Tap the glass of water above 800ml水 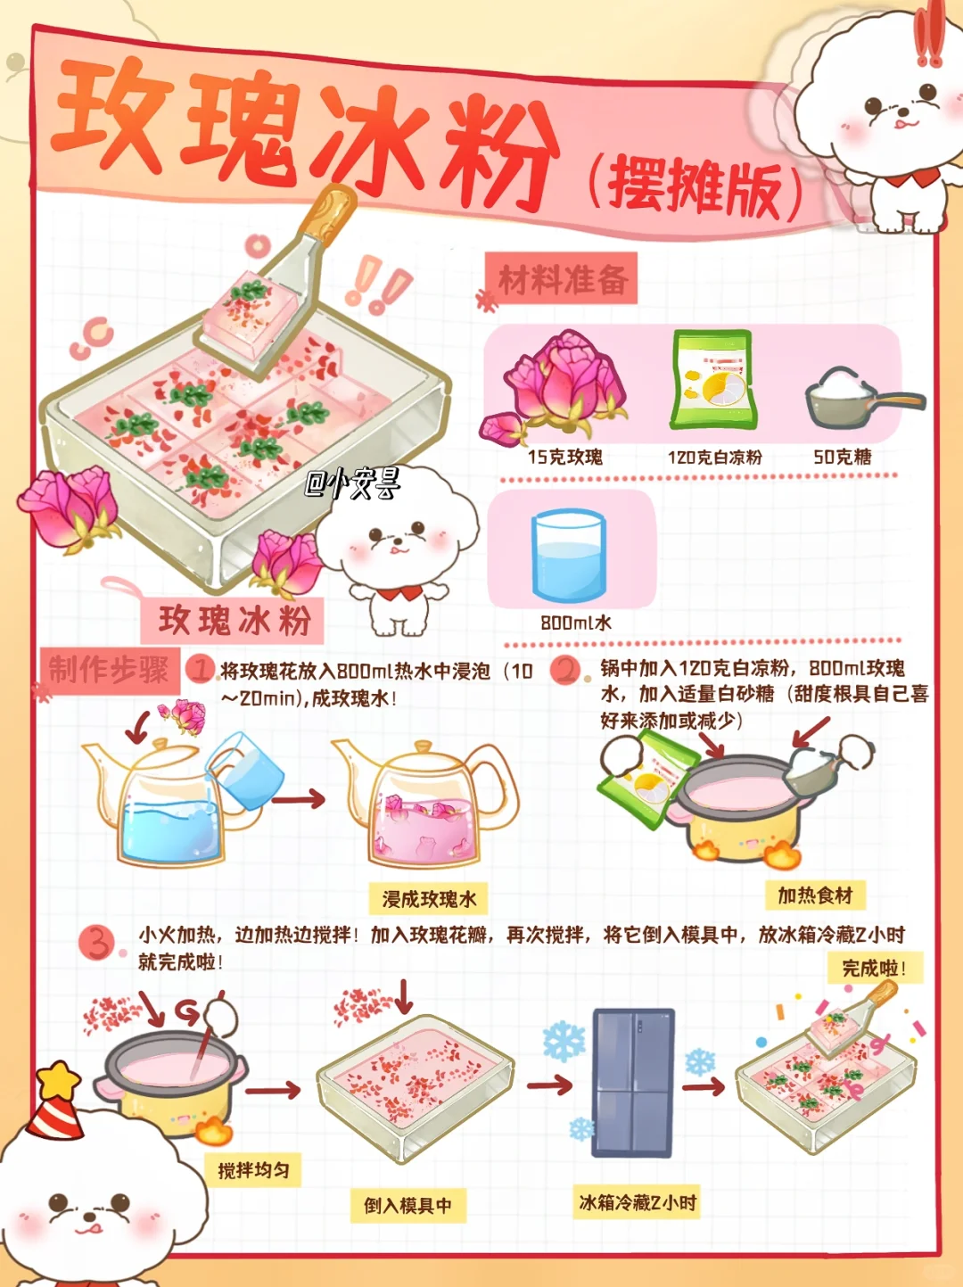(x=568, y=556)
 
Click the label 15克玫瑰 (x=565, y=458)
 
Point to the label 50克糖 (x=843, y=458)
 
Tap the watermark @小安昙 (x=353, y=483)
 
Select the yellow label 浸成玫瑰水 (x=429, y=899)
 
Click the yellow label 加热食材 (x=815, y=895)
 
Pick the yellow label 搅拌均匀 (x=254, y=1171)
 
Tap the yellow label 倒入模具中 (x=408, y=1206)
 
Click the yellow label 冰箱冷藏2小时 (x=638, y=1203)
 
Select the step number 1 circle (x=200, y=670)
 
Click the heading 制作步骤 (x=109, y=671)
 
